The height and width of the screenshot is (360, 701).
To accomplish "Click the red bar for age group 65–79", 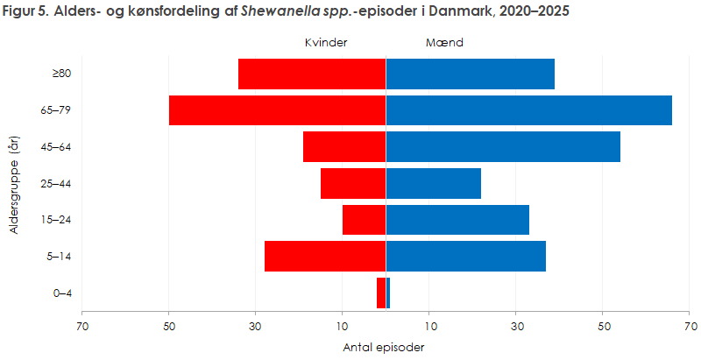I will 277,110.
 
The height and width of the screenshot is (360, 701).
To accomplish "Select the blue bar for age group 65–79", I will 528,110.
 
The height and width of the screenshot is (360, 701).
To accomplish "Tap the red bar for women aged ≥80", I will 312,74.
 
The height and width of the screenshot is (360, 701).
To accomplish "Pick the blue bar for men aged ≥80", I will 470,74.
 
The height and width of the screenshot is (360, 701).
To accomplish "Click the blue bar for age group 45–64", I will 503,147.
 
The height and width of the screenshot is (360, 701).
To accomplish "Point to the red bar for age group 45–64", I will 344,147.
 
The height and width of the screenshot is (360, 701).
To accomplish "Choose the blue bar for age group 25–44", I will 434,184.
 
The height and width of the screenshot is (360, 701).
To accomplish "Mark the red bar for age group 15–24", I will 364,220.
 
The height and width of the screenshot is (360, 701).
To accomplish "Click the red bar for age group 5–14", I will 325,257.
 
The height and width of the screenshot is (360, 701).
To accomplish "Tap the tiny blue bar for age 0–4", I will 388,293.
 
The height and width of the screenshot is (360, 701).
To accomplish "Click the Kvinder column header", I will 325,43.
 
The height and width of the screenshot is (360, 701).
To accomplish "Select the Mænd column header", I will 443,43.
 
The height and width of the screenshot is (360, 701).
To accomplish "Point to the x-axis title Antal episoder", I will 385,347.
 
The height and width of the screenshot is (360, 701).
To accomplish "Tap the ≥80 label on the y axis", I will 61,74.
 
